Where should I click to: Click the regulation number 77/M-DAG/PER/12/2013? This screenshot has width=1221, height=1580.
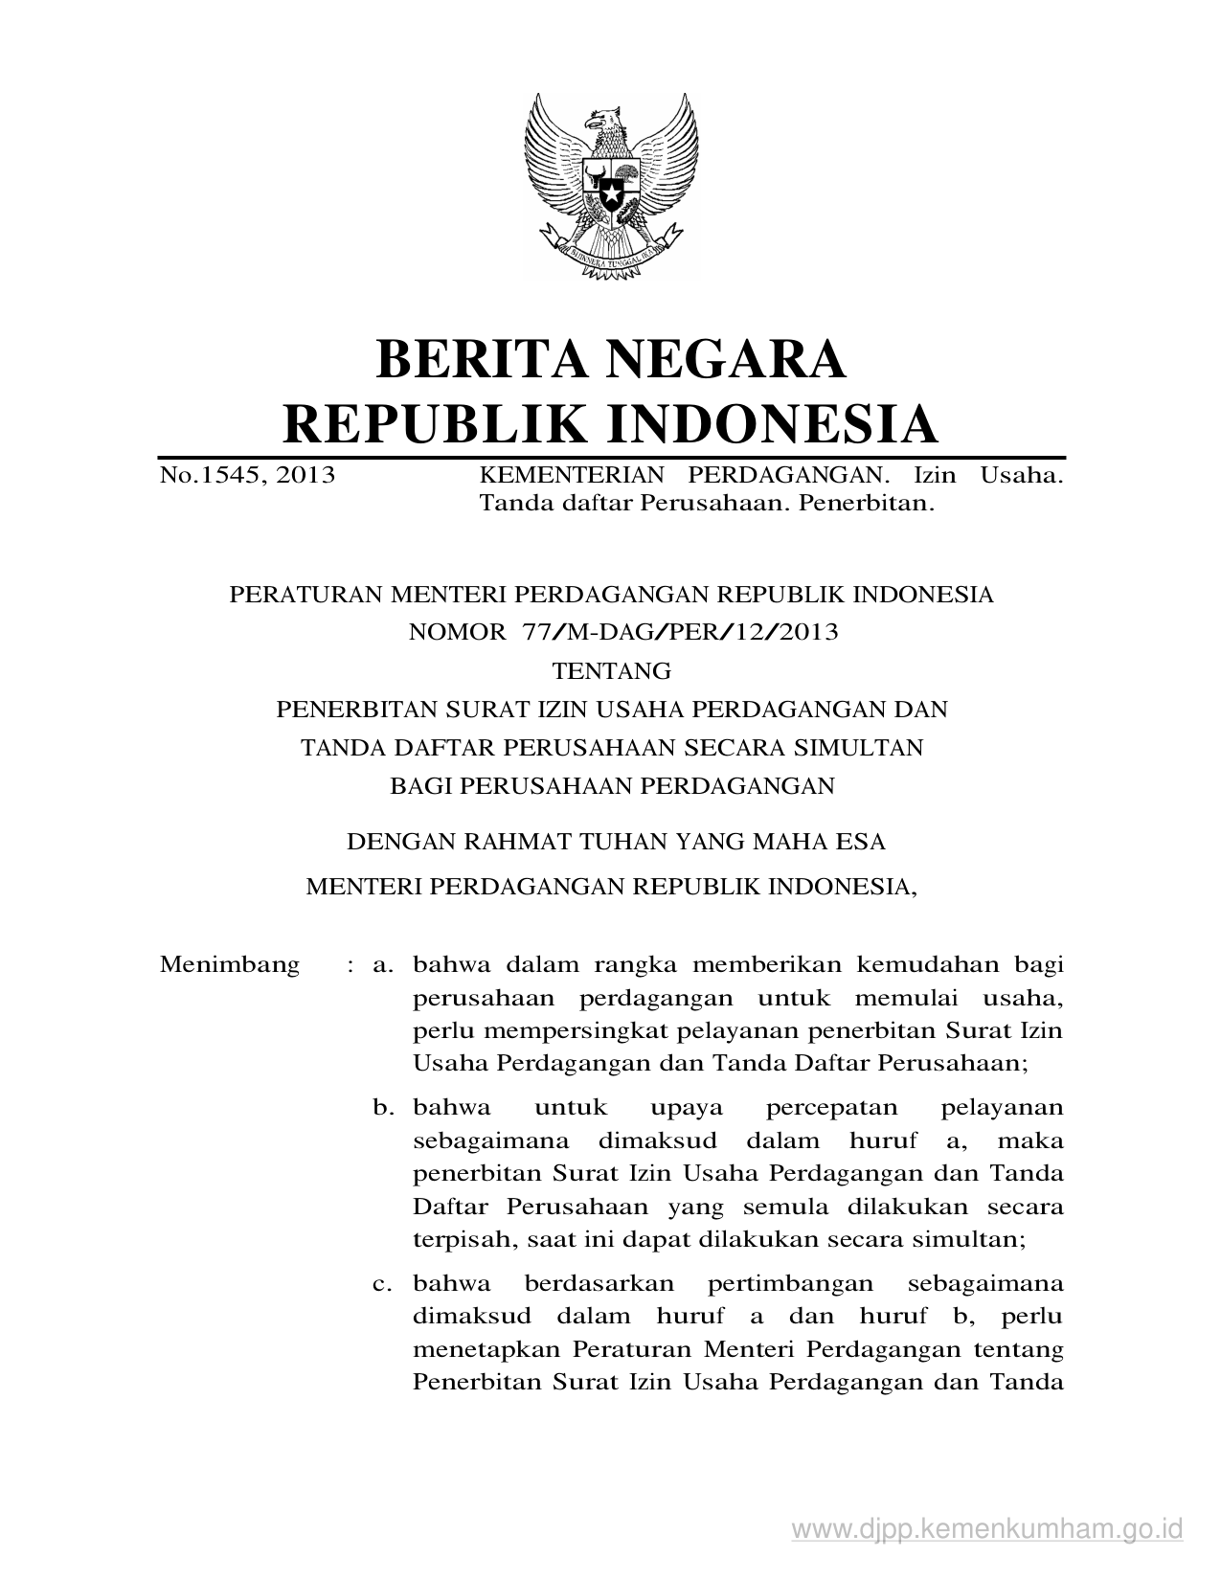click(x=681, y=632)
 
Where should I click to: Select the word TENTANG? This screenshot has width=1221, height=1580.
click(x=612, y=670)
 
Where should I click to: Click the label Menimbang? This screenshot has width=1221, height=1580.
click(x=230, y=964)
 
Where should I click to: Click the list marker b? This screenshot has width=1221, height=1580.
click(x=384, y=1108)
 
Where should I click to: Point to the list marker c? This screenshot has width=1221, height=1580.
click(x=384, y=1283)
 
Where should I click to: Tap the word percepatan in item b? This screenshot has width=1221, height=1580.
click(x=831, y=1109)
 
